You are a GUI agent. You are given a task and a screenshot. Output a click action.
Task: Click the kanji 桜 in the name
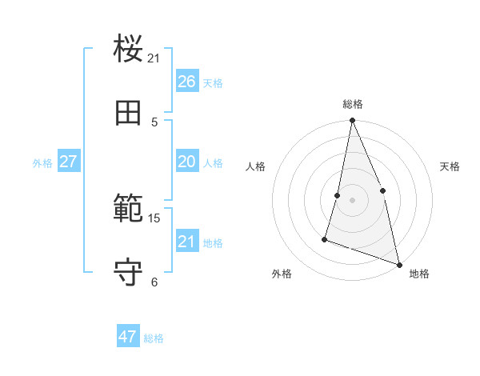tap(129, 50)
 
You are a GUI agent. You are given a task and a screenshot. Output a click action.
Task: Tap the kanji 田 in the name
tap(129, 113)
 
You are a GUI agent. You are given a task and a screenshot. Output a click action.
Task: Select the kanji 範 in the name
tap(129, 210)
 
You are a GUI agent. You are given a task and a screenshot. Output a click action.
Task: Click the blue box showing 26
tap(187, 82)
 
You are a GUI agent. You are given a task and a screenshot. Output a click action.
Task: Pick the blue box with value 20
tap(187, 162)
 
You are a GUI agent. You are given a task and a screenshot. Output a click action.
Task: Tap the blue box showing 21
tap(187, 242)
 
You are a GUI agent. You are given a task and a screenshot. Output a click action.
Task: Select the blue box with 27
tap(69, 162)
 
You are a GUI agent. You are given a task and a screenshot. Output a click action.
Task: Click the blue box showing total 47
tap(128, 337)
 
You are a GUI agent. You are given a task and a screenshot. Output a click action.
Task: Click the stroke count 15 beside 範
tap(154, 218)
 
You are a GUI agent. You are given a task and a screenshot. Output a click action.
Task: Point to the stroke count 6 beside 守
tap(154, 282)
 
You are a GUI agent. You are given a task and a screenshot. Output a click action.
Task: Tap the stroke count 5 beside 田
tap(154, 122)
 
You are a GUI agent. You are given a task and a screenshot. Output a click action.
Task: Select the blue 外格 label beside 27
tap(42, 163)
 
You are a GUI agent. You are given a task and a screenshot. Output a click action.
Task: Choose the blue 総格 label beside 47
tap(154, 338)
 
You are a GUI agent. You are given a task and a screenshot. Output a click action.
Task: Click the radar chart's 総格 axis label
tap(353, 104)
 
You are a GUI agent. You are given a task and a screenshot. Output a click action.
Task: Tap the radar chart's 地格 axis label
tap(419, 274)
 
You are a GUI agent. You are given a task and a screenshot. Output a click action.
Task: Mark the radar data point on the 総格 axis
tap(352, 122)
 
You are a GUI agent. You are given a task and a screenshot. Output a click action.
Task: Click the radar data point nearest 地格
tap(398, 264)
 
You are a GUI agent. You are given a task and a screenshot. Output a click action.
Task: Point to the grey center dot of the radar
tap(352, 200)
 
